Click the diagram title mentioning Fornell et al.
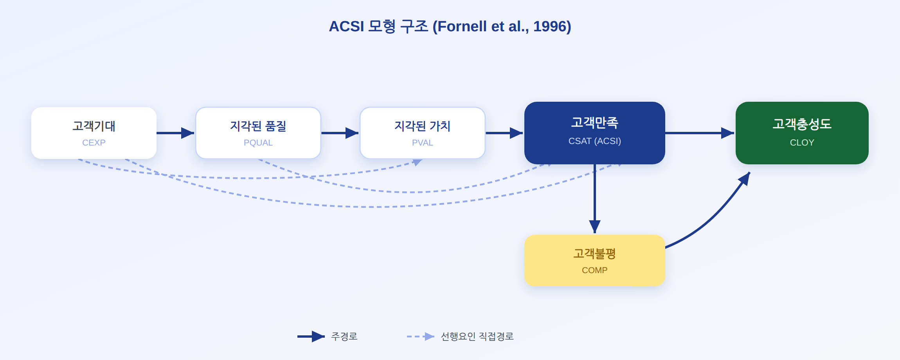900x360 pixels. click(450, 27)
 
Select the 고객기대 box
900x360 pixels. click(94, 133)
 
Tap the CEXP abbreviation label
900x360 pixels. click(94, 142)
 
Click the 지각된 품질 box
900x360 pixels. click(258, 133)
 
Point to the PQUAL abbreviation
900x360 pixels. click(258, 142)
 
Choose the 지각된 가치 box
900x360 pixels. click(423, 133)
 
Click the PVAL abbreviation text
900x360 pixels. click(423, 142)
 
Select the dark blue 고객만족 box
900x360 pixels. click(595, 133)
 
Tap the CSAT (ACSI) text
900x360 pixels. click(595, 141)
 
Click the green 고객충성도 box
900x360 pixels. click(802, 133)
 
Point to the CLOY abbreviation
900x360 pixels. click(802, 142)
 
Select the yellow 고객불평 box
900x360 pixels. click(595, 261)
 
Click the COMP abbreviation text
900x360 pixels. click(595, 270)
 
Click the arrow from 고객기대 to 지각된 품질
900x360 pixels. click(175, 133)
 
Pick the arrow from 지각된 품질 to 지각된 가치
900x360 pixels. click(340, 133)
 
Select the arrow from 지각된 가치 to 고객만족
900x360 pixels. click(504, 133)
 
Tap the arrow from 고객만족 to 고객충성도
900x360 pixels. click(700, 133)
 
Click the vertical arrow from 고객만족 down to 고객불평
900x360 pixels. click(595, 199)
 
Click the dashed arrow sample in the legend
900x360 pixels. click(421, 337)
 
